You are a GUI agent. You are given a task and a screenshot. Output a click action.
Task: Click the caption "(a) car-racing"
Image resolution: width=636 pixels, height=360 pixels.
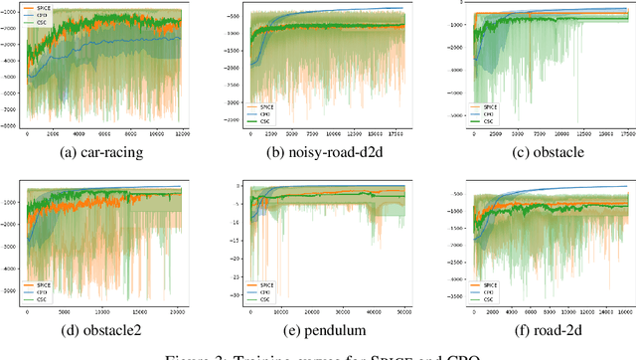point(105,152)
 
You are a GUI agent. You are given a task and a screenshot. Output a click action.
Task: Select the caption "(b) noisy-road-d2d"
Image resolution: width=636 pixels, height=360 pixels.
point(318,152)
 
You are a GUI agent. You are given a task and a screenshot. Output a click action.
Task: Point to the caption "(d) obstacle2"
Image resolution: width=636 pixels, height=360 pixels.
point(105,330)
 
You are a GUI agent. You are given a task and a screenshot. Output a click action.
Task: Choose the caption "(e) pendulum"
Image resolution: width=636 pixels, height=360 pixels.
point(318,330)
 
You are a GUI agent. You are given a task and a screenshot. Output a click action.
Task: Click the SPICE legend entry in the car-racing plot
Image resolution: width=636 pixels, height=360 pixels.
point(46,9)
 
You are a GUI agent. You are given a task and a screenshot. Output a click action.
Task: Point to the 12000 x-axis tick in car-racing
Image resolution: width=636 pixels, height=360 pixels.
point(182,133)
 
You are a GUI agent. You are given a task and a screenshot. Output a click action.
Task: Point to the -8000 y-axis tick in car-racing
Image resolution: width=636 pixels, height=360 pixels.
point(14,126)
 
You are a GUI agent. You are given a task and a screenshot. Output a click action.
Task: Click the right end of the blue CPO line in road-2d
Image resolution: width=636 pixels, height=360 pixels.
point(628,186)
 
